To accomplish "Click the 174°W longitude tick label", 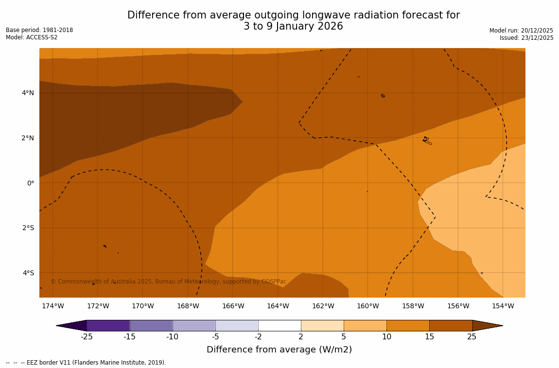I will click(52, 306).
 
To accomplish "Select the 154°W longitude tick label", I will click(503, 306).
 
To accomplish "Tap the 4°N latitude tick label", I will click(28, 93).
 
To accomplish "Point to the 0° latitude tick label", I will click(31, 183).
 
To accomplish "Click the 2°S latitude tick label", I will click(28, 228).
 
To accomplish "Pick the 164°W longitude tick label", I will click(278, 306).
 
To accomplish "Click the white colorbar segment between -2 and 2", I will click(279, 325).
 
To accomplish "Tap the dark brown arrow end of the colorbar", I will click(486, 325).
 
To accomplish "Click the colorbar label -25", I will click(87, 337).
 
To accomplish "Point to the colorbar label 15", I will click(429, 337).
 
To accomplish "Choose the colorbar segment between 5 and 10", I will click(365, 325).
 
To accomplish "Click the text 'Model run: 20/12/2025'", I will click(521, 31).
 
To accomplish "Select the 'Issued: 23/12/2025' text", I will click(526, 38).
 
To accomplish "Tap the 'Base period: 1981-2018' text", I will click(39, 30).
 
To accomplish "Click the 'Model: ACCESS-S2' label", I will click(32, 37).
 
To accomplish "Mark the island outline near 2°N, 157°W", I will click(427, 140).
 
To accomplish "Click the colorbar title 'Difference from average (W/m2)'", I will click(279, 350).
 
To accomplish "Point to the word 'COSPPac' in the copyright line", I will click(274, 282).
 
